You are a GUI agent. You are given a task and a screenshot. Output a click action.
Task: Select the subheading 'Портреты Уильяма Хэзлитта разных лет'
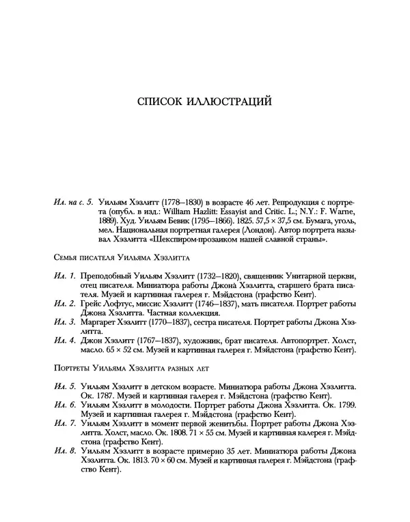tap(126, 369)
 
